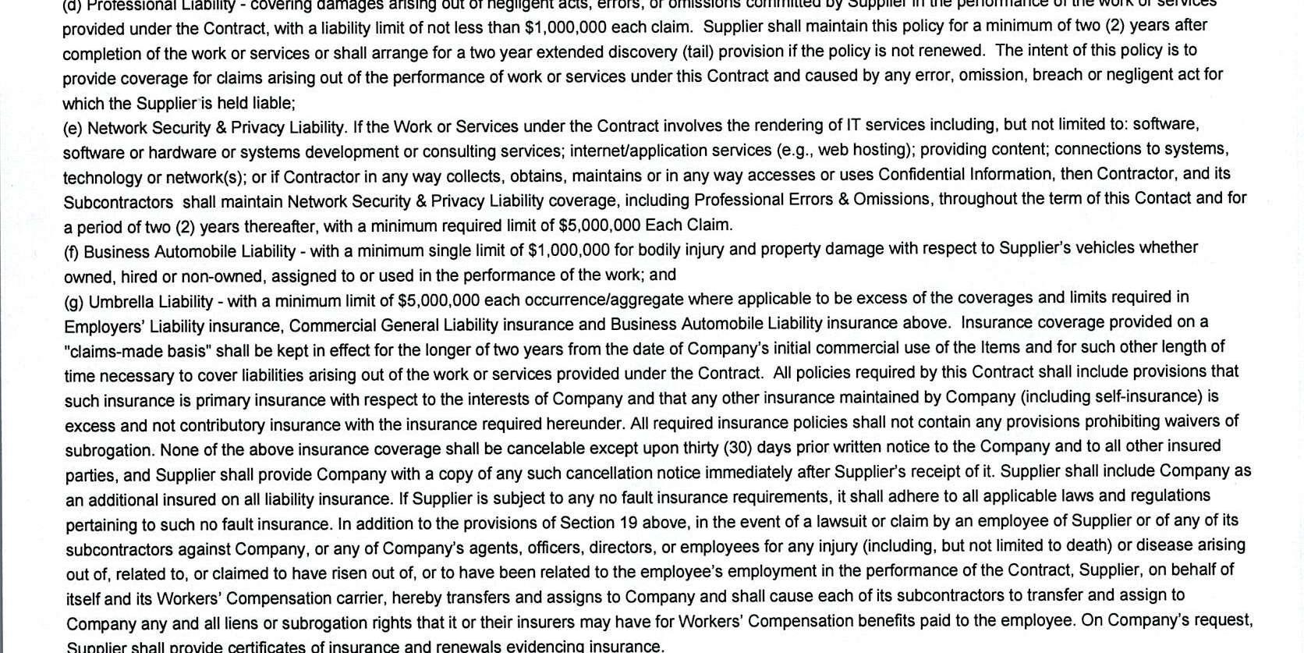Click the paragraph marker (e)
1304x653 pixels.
(x=73, y=129)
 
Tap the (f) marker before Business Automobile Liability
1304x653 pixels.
(x=72, y=253)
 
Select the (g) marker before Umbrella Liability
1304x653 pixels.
(x=74, y=302)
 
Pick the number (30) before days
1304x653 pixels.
(x=738, y=448)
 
